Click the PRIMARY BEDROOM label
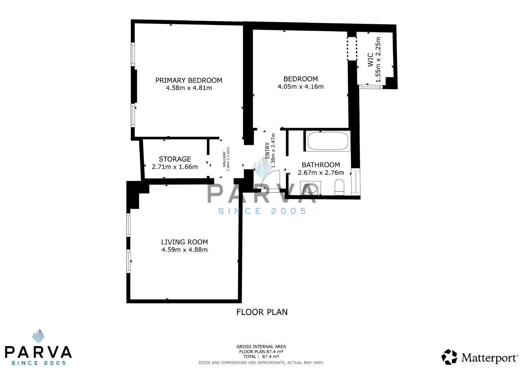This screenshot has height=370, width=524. pos(189,80)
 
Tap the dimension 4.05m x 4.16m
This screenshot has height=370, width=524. pos(300,87)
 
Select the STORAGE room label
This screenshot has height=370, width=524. pos(175,159)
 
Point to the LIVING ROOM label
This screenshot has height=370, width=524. pos(184,242)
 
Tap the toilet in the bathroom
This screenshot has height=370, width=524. pos(340,188)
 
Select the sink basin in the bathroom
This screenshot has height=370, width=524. pos(311,189)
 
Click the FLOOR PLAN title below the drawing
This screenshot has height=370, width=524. pos(262,312)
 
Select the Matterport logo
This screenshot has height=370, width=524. pos(480,357)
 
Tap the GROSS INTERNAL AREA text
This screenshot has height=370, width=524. pos(261,347)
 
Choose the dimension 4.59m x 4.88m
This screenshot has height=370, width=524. pos(184,250)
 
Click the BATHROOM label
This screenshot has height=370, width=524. pos(321,165)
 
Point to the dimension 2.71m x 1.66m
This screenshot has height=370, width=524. pos(175,167)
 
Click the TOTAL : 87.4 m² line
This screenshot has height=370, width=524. pos(261,357)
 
